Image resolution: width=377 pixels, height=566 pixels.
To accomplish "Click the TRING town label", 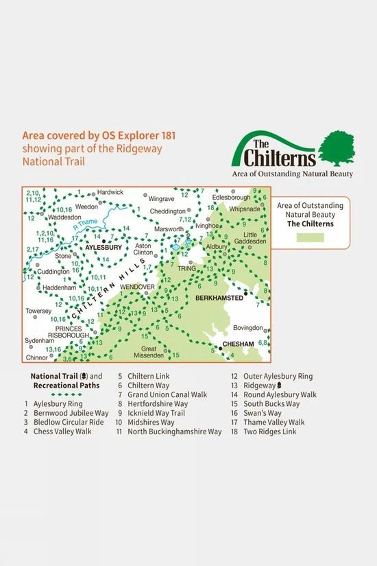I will (187, 268).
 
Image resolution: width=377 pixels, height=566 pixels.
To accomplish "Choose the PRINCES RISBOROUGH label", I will (70, 333).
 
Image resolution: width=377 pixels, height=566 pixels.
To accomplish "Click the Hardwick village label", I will (110, 193).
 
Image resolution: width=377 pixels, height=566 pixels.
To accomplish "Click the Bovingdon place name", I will (247, 328).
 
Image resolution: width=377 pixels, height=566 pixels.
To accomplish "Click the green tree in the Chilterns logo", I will (341, 145).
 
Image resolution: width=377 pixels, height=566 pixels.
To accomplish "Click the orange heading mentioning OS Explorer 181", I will (91, 135).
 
